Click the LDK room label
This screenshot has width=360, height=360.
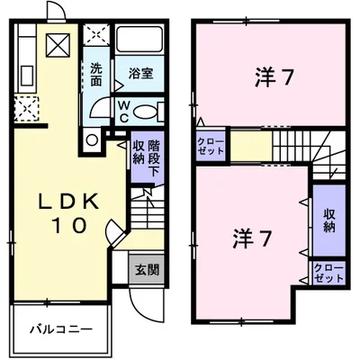[68, 202]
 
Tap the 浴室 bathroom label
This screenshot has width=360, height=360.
[141, 74]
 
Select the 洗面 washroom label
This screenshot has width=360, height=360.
[96, 75]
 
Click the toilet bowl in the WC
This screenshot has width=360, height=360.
[145, 112]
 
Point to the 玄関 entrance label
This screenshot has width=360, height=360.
[147, 270]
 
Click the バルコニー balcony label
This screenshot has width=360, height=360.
[60, 329]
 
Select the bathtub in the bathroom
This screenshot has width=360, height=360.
[139, 40]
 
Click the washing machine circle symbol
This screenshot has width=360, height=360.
[92, 140]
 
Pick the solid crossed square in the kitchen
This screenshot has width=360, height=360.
[58, 45]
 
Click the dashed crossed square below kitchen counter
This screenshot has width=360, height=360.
[27, 109]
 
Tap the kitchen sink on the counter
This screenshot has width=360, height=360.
[27, 76]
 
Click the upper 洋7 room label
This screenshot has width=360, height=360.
[273, 77]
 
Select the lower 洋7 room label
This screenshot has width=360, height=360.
[252, 239]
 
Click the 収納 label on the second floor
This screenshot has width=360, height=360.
[329, 220]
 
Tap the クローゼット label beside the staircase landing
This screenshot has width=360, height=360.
[211, 146]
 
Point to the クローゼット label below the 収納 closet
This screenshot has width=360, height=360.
[328, 274]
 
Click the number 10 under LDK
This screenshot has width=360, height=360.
[69, 225]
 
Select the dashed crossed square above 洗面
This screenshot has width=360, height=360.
[96, 34]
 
